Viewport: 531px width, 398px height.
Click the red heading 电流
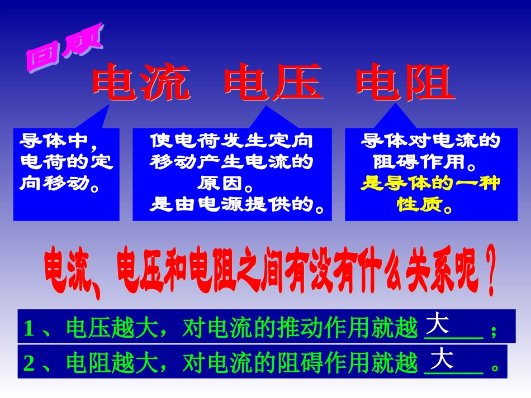point(139,83)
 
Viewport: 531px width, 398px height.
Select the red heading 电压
point(272,83)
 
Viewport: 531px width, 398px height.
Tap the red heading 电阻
point(404,83)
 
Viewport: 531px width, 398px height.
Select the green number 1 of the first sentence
point(30,330)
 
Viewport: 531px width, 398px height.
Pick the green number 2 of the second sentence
point(30,364)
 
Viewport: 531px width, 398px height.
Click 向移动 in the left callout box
point(55,183)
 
